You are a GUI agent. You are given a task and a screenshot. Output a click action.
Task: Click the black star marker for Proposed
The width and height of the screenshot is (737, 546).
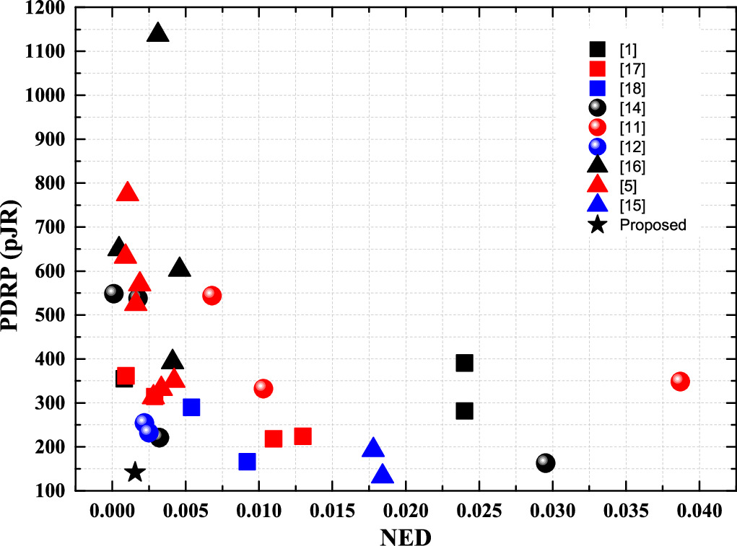click(x=134, y=472)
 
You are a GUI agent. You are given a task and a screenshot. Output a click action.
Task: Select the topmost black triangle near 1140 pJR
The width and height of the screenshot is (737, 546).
click(x=158, y=33)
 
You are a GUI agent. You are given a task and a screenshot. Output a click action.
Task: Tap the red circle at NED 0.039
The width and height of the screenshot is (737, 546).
click(x=680, y=381)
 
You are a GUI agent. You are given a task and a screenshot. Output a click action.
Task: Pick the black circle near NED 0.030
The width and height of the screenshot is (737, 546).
click(x=546, y=462)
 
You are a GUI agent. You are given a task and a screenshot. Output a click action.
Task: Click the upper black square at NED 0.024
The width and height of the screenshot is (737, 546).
click(x=464, y=362)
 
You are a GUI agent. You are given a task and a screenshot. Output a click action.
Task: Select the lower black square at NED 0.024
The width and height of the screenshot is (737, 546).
click(x=464, y=410)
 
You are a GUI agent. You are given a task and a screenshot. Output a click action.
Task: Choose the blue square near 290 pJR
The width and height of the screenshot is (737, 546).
click(x=191, y=407)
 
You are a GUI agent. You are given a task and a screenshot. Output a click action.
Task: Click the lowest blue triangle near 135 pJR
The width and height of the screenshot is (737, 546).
click(x=383, y=475)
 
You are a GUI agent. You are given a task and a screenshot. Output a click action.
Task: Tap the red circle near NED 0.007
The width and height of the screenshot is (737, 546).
click(x=211, y=295)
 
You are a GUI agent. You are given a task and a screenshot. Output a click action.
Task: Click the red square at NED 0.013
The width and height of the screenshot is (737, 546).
click(x=302, y=436)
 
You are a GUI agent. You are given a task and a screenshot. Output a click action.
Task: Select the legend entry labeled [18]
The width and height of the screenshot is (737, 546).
click(x=632, y=89)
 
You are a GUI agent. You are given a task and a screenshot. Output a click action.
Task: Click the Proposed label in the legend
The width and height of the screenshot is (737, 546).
click(x=653, y=225)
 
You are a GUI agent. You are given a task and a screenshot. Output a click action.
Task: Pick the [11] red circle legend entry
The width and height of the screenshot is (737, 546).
click(x=632, y=128)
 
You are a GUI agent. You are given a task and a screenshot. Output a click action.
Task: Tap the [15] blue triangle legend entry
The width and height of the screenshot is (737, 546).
click(x=632, y=206)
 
